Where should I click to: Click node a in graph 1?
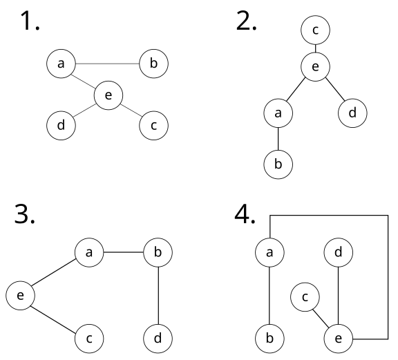[x=61, y=64]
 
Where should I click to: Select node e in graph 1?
[x=107, y=95]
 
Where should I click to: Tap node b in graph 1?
[x=153, y=64]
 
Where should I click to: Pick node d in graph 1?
[x=61, y=126]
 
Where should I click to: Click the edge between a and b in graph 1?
[x=107, y=64]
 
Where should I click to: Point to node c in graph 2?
[x=316, y=30]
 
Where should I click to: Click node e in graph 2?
[x=316, y=66]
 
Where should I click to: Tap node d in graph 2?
[x=352, y=113]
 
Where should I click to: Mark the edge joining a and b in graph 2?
[x=278, y=139]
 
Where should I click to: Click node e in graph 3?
[x=20, y=296]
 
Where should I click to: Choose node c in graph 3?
[x=89, y=339]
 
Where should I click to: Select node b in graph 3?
[x=158, y=253]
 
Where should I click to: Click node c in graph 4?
[x=304, y=296]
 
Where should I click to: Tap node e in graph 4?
[x=339, y=339]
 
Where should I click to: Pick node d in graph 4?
[x=339, y=253]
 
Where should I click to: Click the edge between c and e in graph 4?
[x=321, y=318]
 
